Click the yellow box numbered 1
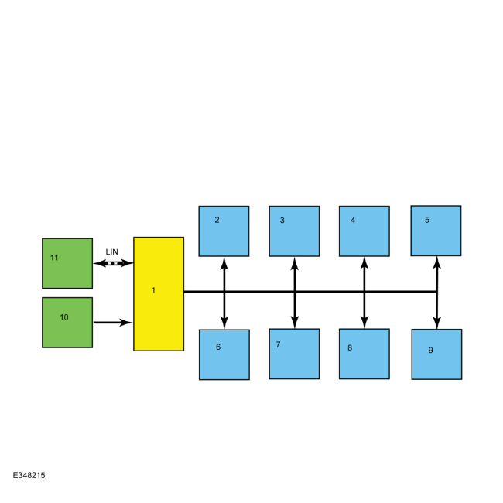point(159,294)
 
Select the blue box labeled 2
point(224,231)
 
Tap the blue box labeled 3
point(294,231)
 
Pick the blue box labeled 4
point(364,231)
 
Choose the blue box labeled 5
point(436,231)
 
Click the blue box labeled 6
point(224,354)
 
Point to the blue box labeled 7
point(294,354)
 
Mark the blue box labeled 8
point(364,354)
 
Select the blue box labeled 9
point(437,354)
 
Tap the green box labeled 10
point(67,323)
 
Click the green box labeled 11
point(67,263)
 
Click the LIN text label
point(112,252)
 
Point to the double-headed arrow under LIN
point(113,263)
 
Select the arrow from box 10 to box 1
point(113,323)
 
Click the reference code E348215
point(29,475)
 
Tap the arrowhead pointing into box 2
point(224,263)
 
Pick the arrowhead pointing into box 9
point(436,323)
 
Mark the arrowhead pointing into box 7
point(295,323)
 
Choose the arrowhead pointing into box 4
point(364,263)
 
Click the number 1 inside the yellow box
point(153,290)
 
